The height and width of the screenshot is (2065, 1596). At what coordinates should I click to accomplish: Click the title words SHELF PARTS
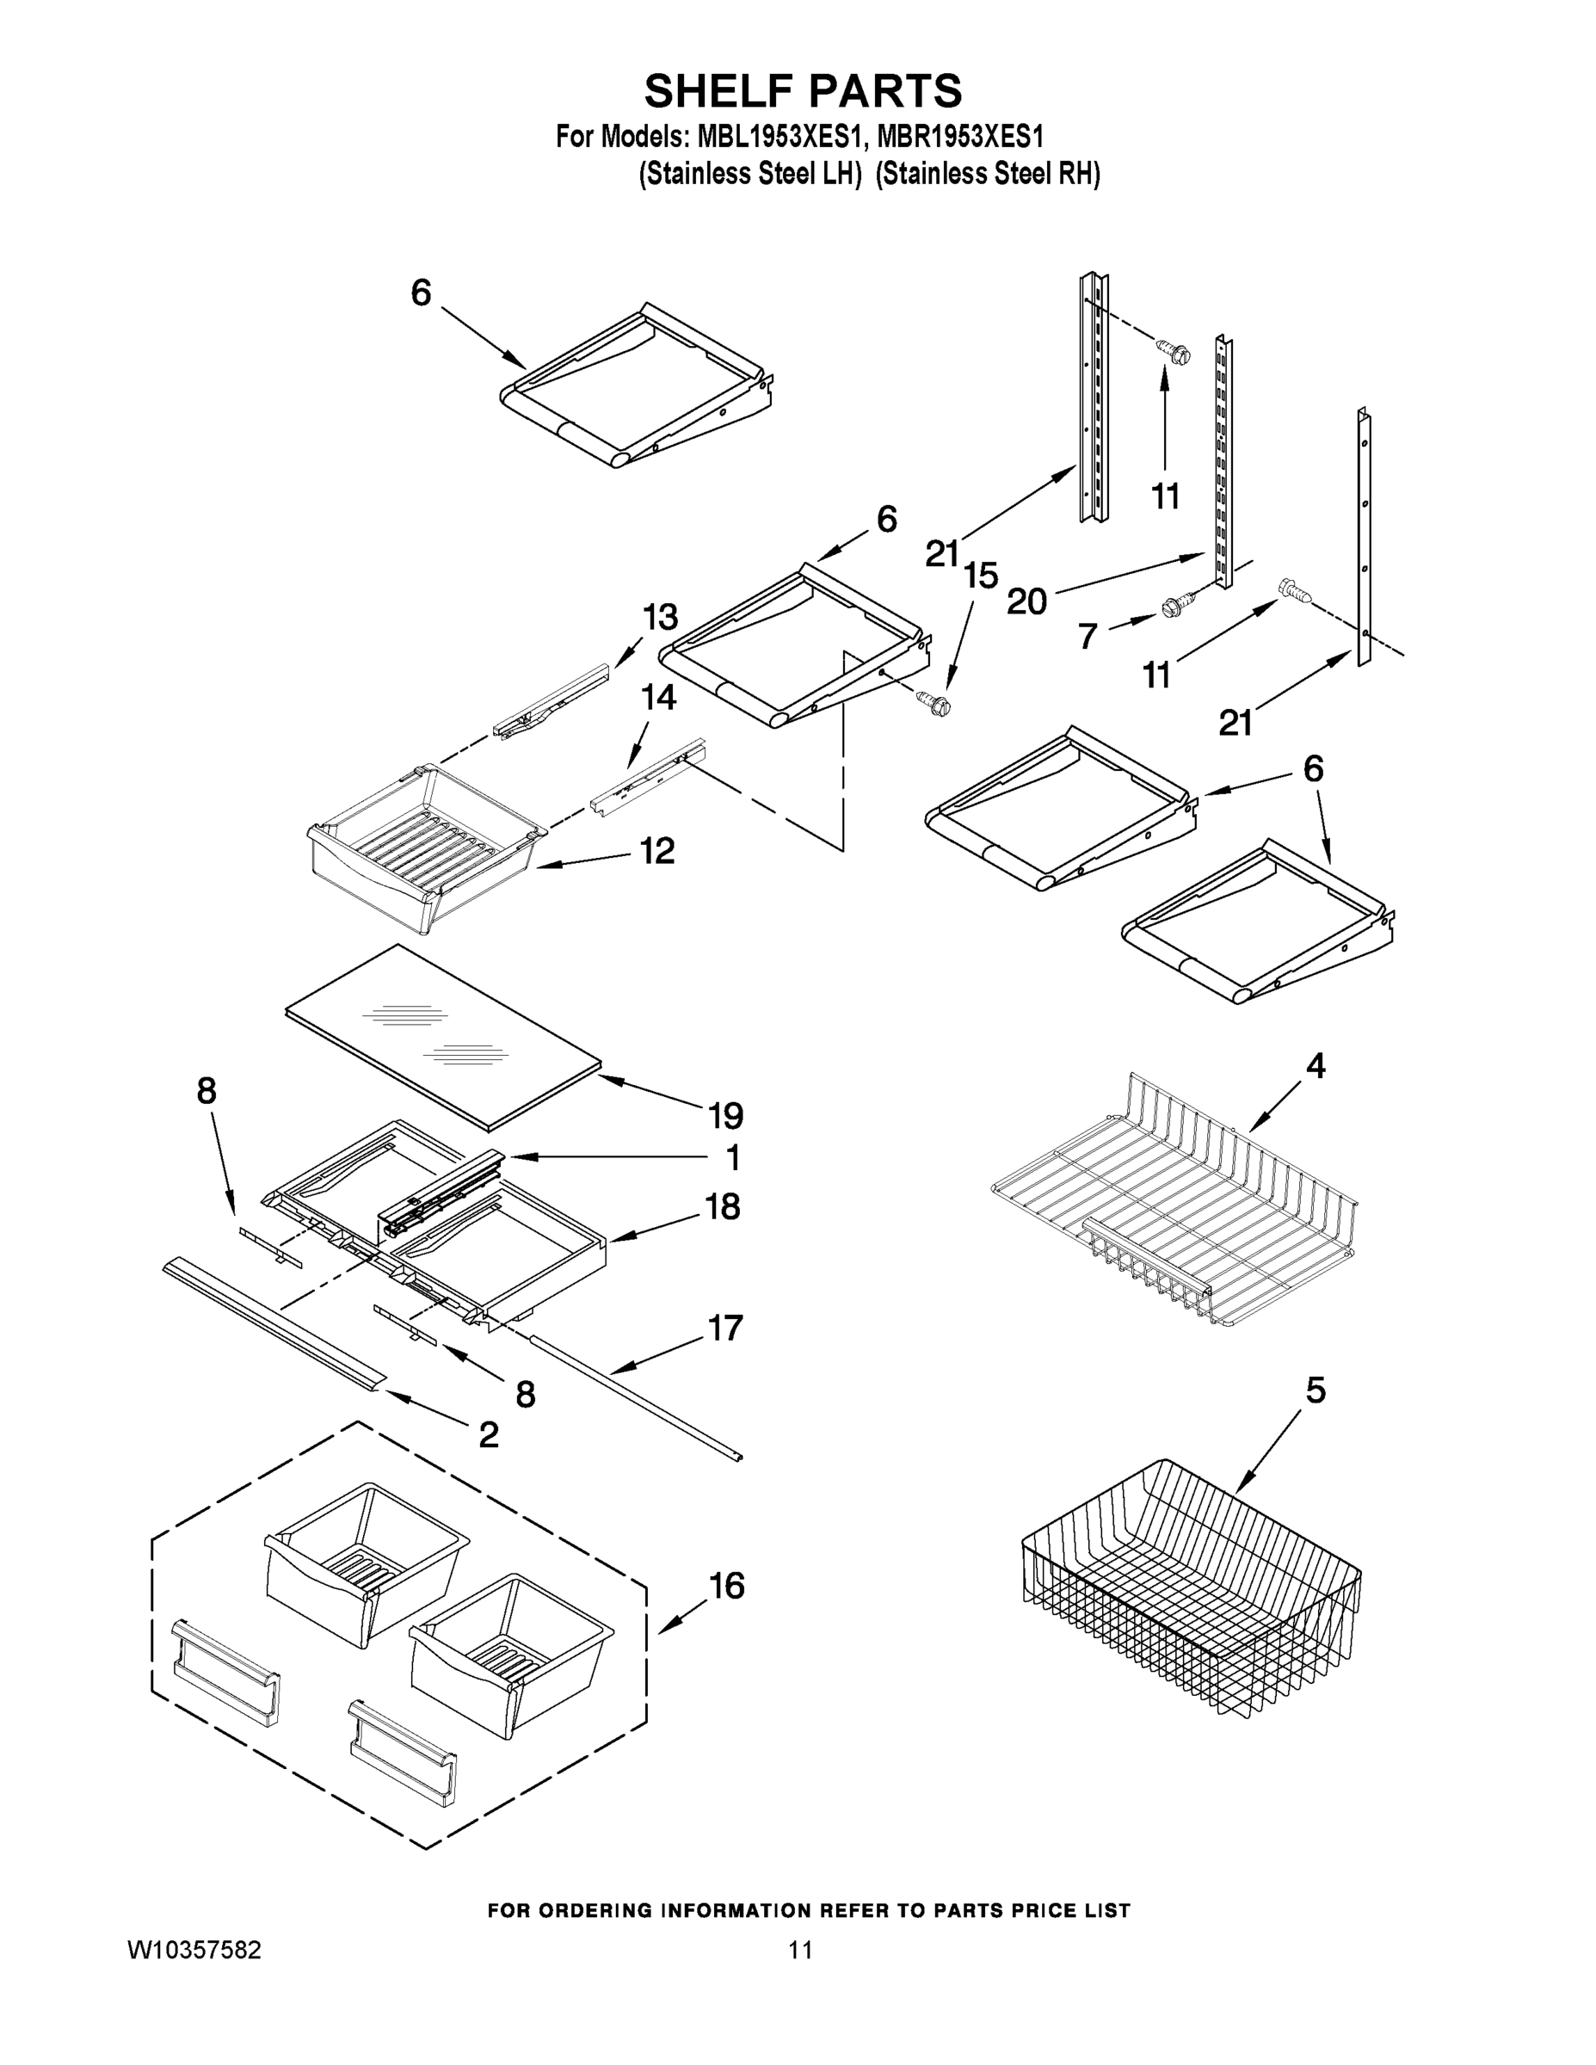click(x=803, y=92)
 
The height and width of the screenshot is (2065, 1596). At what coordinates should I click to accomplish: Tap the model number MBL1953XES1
click(x=780, y=137)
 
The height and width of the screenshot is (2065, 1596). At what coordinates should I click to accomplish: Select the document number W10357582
click(x=194, y=1951)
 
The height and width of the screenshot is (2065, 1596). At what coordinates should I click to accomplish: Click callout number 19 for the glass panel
click(x=725, y=1116)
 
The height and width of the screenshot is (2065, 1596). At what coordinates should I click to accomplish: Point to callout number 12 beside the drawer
click(x=657, y=851)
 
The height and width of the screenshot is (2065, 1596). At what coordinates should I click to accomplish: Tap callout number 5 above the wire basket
click(x=1316, y=1390)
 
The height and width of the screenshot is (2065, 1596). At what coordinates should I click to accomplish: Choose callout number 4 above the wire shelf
click(x=1316, y=1067)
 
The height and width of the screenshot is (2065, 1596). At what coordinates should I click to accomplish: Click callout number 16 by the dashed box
click(x=725, y=1586)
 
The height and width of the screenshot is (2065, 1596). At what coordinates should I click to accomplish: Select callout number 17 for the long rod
click(x=725, y=1328)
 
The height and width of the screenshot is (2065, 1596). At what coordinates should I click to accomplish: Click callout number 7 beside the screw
click(x=1088, y=637)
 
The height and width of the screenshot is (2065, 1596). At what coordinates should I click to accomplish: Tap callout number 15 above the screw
click(x=981, y=574)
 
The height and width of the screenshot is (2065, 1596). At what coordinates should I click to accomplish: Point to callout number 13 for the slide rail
click(x=660, y=618)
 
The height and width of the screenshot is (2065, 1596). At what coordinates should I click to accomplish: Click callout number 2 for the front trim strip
click(x=488, y=1434)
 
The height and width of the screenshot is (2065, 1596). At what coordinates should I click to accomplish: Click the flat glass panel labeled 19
click(x=444, y=1037)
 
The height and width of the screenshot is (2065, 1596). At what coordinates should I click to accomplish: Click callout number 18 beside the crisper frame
click(x=724, y=1206)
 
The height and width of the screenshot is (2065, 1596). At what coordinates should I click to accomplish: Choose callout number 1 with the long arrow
click(x=733, y=1157)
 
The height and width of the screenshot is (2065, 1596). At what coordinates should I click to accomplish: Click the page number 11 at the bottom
click(x=801, y=1951)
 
